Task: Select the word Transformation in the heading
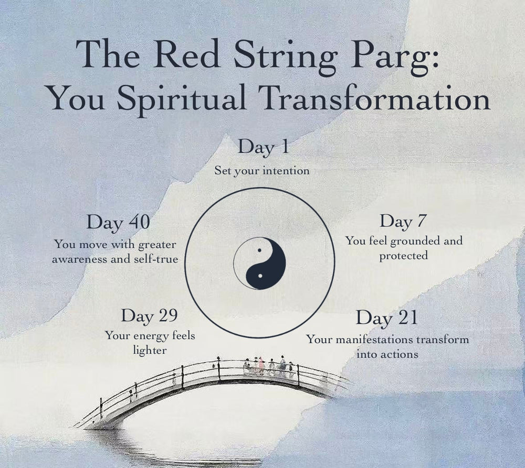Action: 374,97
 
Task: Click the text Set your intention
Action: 262,171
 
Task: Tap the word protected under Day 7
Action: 403,256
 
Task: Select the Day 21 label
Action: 387,318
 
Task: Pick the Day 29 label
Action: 149,316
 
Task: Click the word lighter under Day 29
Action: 150,350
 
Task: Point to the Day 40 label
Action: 118,223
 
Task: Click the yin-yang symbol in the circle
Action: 259,263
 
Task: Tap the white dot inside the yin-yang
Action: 260,276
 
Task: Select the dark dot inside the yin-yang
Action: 259,250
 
